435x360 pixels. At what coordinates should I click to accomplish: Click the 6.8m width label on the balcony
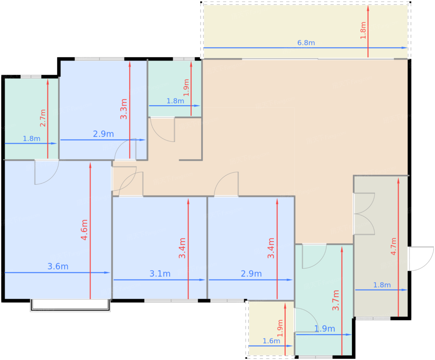pos(306,43)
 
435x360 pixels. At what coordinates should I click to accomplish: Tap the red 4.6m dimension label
pos(85,230)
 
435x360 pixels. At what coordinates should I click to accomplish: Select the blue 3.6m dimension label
pos(58,266)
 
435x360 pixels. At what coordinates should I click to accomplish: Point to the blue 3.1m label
pos(160,274)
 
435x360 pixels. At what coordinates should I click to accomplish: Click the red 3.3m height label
pos(124,109)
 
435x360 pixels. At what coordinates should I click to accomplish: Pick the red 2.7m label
pos(43,118)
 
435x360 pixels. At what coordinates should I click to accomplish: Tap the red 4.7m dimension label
pos(393,247)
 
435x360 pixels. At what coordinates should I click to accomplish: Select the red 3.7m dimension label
pos(336,300)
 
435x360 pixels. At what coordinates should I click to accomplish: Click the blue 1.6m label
pos(271,341)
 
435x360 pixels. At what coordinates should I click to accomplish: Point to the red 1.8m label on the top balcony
pos(363,30)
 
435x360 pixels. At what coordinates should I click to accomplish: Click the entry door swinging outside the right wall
pos(421,259)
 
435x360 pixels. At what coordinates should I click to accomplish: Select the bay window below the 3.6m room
pos(70,305)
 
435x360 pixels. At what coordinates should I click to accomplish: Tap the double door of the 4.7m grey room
pos(364,214)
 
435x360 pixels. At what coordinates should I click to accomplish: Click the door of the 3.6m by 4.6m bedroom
pos(47,172)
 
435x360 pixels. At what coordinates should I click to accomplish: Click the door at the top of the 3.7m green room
pos(314,256)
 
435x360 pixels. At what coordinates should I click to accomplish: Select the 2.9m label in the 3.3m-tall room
pos(103,134)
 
